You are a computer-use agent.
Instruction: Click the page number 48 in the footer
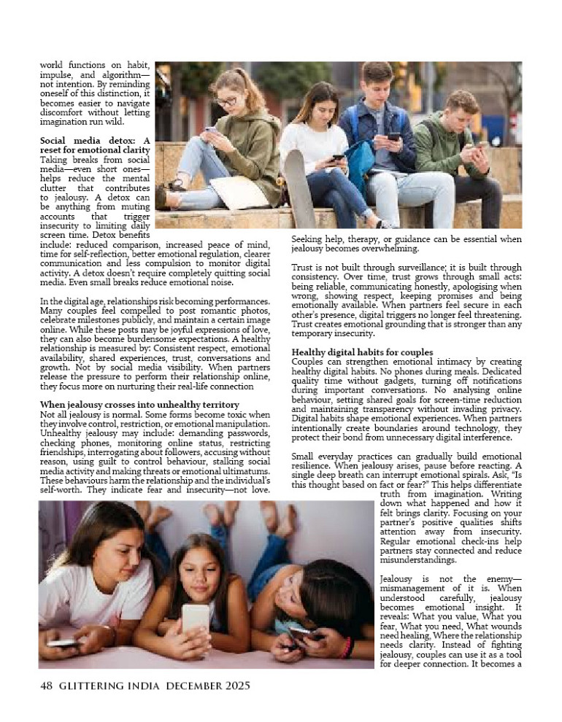point(47,686)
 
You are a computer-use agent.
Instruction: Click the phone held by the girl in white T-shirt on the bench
point(338,157)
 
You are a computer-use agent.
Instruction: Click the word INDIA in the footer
point(145,686)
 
